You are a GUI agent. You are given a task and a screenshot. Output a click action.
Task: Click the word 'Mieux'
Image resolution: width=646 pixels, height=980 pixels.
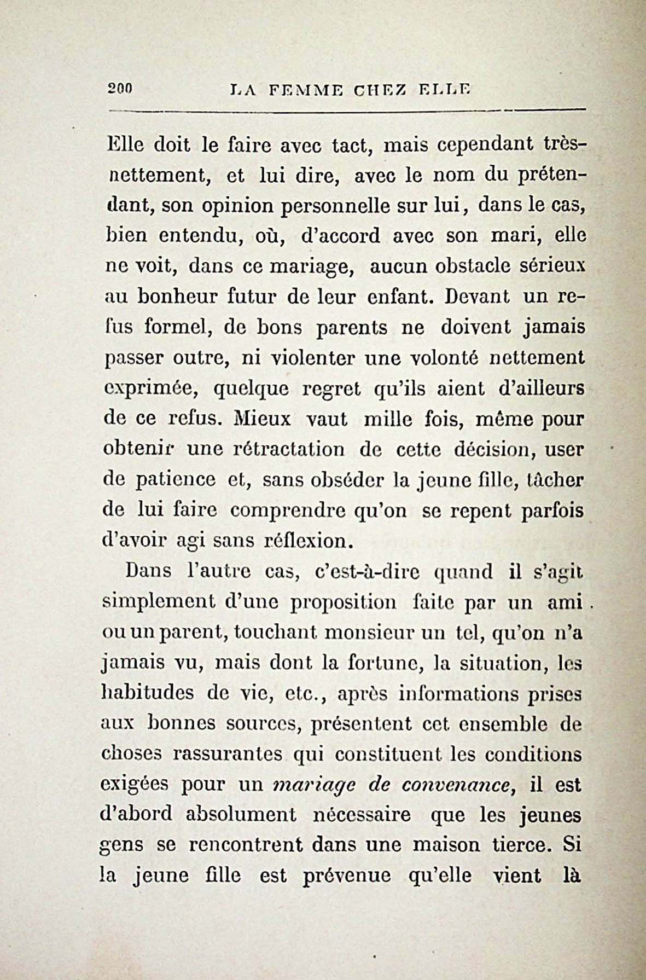click(263, 419)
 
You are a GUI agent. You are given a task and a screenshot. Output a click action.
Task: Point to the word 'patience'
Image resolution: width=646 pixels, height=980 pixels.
click(175, 480)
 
